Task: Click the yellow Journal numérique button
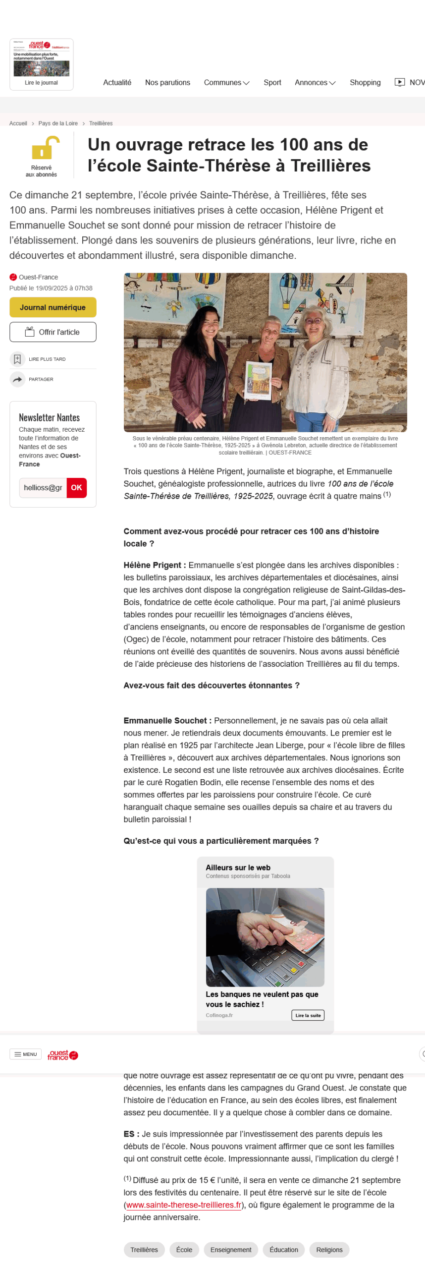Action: (53, 307)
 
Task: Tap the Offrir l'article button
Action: (53, 332)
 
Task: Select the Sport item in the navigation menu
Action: (272, 82)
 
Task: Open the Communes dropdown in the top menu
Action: (226, 82)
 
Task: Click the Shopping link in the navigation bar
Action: (365, 82)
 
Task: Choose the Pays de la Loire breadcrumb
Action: (58, 123)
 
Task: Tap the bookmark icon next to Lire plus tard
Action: (17, 359)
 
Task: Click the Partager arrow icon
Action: (17, 379)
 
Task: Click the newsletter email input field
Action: (43, 488)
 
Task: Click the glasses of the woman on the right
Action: (313, 321)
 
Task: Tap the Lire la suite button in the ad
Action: (308, 1015)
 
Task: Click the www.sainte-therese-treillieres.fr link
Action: (184, 1205)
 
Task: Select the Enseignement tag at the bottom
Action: (231, 1250)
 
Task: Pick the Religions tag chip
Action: (329, 1250)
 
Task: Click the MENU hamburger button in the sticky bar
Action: (25, 1054)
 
